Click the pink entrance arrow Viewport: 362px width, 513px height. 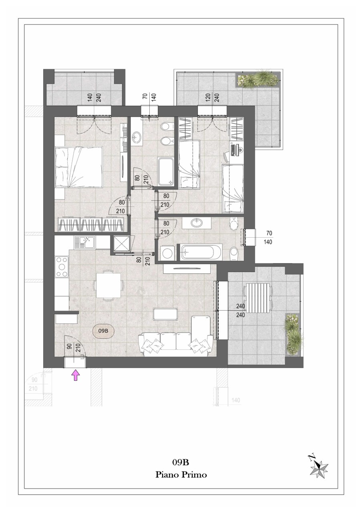(x=76, y=376)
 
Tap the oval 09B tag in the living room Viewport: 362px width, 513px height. (x=103, y=331)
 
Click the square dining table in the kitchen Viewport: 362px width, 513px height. (x=109, y=286)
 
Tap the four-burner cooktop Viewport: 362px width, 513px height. (x=62, y=267)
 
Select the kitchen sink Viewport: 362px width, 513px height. (x=84, y=243)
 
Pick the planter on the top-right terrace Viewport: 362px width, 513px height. (x=259, y=80)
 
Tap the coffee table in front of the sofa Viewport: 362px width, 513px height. (x=165, y=314)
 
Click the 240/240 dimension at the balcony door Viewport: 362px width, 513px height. (x=241, y=311)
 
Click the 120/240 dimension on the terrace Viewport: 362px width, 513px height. (x=212, y=97)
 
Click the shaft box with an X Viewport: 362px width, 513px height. (x=120, y=244)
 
